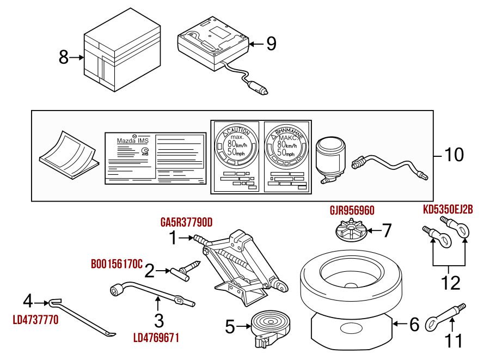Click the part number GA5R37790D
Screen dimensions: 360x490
coord(186,223)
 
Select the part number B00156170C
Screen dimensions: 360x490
coord(116,264)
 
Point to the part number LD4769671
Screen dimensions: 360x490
coord(156,338)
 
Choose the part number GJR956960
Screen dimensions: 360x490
coord(352,210)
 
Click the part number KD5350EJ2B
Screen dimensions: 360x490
coord(448,209)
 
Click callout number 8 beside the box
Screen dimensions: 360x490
coord(64,57)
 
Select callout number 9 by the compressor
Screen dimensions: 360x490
coord(271,44)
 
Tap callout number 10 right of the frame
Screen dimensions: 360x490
coord(454,155)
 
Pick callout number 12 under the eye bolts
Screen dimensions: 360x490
coord(451,282)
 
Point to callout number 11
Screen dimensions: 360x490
coord(454,340)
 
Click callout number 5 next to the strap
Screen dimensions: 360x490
coord(230,327)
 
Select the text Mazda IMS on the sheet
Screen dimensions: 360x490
coord(132,141)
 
